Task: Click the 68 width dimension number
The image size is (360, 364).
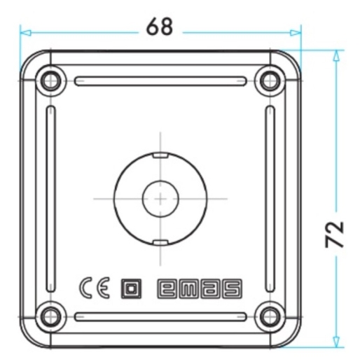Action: [x=160, y=27]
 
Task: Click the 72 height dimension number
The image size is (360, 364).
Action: [x=335, y=234]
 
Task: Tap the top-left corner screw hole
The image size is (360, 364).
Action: [x=50, y=81]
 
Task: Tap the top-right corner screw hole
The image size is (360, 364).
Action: [x=270, y=81]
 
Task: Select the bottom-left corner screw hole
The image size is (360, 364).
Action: [x=50, y=316]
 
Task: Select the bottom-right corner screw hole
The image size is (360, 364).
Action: [x=270, y=316]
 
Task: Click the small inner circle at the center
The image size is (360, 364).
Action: [x=160, y=199]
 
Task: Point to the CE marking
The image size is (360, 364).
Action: [x=95, y=288]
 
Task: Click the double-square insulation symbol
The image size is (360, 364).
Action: [x=131, y=289]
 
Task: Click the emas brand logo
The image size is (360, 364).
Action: [x=200, y=289]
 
